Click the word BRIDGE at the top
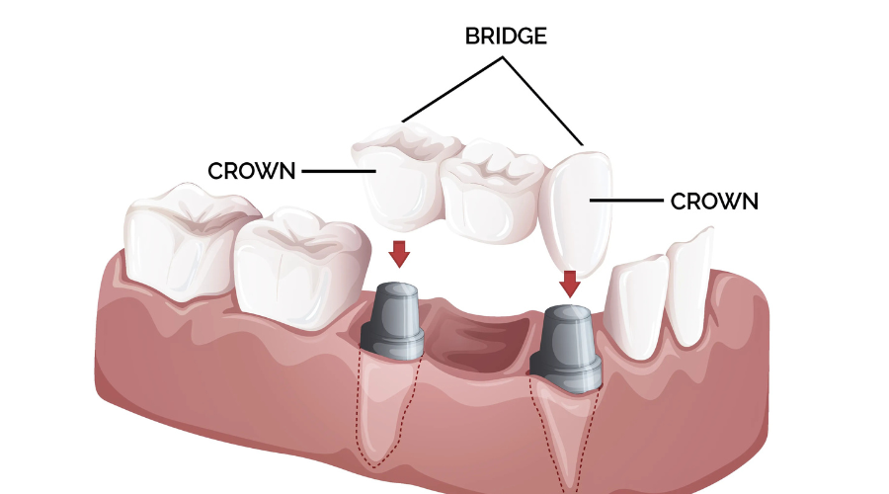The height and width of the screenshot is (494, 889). tap(506, 37)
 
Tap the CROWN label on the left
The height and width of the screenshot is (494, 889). tap(252, 171)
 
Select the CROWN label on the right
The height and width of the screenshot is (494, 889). tap(714, 202)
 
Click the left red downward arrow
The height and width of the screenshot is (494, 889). tap(398, 253)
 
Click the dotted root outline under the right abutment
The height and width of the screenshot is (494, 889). tap(565, 435)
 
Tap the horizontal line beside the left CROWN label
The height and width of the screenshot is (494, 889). tap(336, 171)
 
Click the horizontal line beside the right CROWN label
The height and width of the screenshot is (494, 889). tap(626, 201)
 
